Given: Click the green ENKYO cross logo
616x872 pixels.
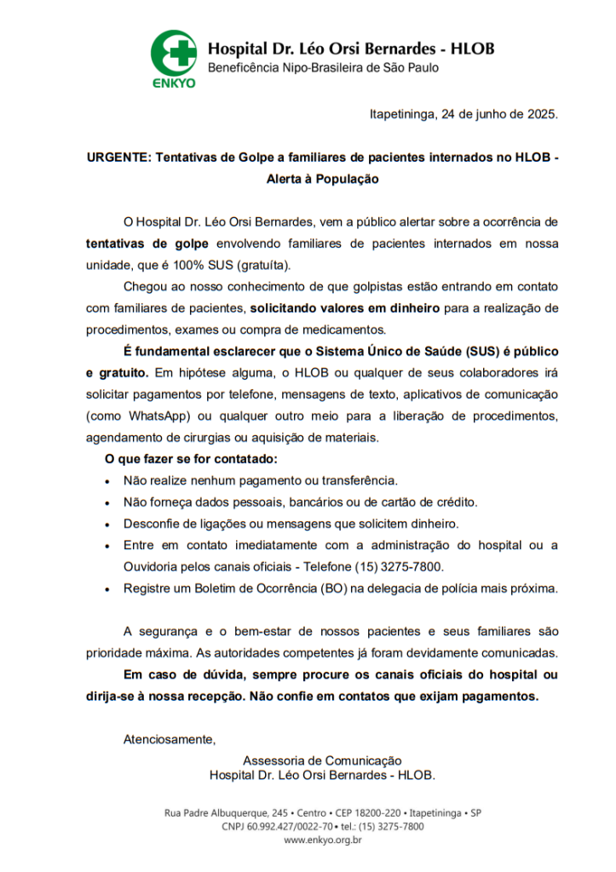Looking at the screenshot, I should click(173, 53).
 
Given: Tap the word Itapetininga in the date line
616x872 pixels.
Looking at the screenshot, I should click(402, 114).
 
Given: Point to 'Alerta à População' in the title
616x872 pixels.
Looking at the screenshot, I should click(322, 180).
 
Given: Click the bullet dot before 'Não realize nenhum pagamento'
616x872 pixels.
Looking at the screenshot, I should click(107, 481).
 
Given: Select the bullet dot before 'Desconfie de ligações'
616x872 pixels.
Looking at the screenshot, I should click(107, 525).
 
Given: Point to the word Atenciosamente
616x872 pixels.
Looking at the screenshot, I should click(170, 738).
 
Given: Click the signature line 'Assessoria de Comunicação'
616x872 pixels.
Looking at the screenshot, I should click(322, 760).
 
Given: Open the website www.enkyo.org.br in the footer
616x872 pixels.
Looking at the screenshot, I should click(322, 840).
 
